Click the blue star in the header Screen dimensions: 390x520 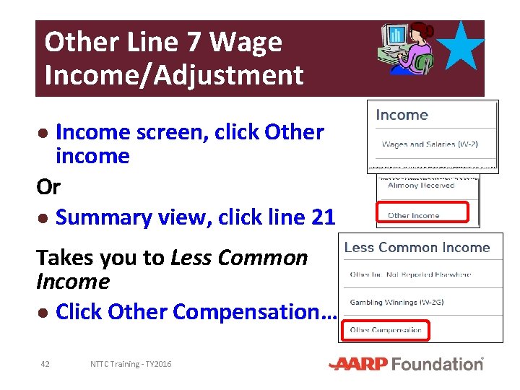pos(461,46)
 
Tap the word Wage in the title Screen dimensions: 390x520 pos(246,43)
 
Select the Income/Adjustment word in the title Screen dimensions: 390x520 pos(174,74)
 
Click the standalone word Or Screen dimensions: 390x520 pos(48,187)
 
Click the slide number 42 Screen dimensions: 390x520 pos(45,364)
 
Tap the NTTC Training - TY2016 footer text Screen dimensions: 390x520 pos(131,364)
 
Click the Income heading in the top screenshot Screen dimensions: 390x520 pos(402,116)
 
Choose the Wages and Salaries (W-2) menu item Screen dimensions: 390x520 pos(430,144)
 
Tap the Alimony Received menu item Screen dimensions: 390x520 pos(421,186)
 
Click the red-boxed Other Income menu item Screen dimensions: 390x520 pos(414,215)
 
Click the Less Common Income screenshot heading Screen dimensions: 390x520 pos(417,248)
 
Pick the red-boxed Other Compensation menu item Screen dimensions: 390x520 pos(386,330)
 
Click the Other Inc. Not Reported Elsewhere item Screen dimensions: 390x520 pos(410,274)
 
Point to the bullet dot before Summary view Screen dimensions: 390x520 pos(44,218)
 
